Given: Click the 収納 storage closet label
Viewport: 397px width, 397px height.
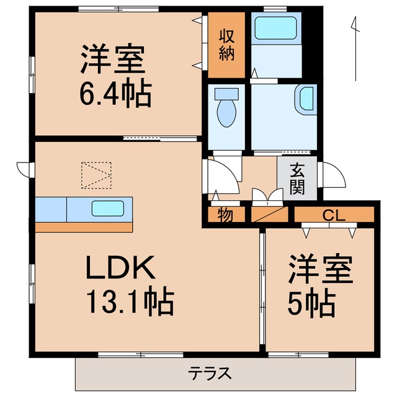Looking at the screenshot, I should click(226, 45).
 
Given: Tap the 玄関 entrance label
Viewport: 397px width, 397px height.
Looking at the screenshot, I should click(297, 178).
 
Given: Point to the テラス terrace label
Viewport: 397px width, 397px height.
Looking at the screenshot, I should click(210, 374).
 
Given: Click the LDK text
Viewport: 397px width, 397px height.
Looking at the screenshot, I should click(119, 268).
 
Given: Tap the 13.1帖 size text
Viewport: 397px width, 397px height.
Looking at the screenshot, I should click(129, 302).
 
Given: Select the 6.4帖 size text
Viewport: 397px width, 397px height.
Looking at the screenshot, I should click(114, 94).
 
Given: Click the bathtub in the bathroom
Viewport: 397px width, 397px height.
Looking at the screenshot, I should click(275, 28).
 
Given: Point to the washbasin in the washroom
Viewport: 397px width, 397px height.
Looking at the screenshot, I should click(306, 99).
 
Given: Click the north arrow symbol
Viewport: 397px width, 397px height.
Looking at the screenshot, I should click(355, 50).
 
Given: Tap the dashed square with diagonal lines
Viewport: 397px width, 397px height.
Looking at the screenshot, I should click(96, 176).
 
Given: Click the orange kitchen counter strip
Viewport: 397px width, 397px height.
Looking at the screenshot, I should click(84, 227).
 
